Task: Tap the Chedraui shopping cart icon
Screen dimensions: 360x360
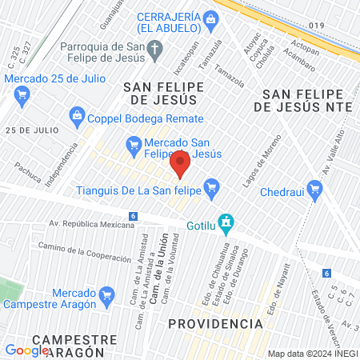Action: tap(315, 189)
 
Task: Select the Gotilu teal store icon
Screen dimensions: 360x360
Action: tap(226, 220)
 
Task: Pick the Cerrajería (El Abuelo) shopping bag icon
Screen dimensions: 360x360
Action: tap(210, 18)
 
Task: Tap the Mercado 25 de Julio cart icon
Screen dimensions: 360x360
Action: tap(22, 94)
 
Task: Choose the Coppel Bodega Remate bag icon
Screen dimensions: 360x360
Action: tap(77, 115)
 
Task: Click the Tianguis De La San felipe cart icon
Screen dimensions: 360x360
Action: tap(211, 190)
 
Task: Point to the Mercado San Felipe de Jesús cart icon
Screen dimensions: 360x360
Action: tap(134, 144)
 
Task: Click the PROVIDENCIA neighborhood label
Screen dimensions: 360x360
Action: tap(216, 323)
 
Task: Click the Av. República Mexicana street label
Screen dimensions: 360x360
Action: tap(92, 226)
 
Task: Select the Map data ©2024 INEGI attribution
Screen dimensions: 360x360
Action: tap(311, 354)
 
